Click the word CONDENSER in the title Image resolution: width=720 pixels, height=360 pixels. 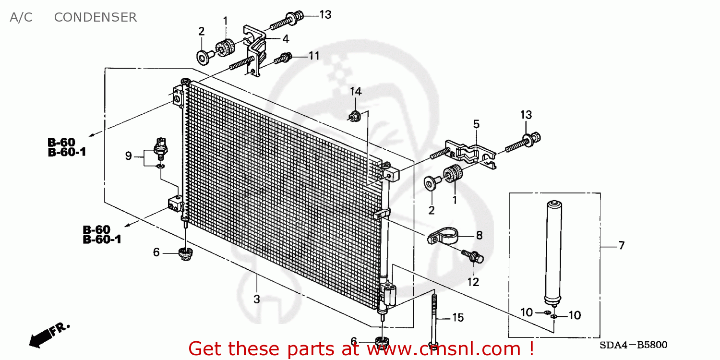click(96, 17)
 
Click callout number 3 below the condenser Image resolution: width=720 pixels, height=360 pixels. click(256, 299)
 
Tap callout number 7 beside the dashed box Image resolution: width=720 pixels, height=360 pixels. click(622, 246)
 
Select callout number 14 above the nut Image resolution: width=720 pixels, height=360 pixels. click(356, 92)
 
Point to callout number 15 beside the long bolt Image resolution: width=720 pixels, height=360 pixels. click(458, 318)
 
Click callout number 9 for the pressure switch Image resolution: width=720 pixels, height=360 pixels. click(128, 156)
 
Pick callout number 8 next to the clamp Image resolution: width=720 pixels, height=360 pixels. click(479, 236)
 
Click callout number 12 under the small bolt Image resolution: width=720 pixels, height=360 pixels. click(473, 282)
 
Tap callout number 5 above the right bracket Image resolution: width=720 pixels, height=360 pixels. click(476, 124)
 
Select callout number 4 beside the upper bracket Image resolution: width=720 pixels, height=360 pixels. click(286, 39)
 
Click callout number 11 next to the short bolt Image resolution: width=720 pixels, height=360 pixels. click(314, 56)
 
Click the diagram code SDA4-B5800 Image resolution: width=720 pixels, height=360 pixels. click(633, 345)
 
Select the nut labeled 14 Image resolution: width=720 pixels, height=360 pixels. click(355, 116)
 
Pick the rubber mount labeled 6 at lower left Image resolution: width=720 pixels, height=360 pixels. click(185, 254)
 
